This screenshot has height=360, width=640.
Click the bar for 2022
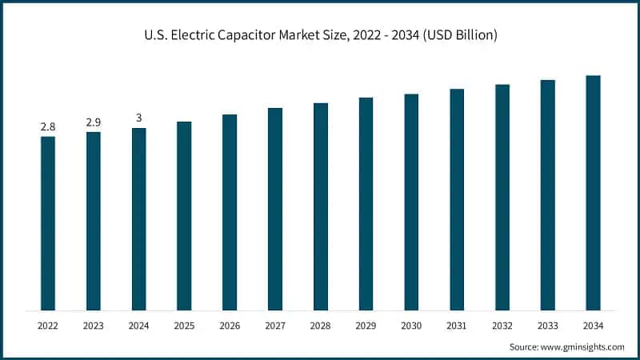(x=48, y=223)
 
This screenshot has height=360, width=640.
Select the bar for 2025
(x=184, y=216)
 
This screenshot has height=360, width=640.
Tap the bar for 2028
(x=321, y=206)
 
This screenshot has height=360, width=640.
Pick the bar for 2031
(x=457, y=199)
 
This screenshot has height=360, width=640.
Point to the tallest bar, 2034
(x=593, y=193)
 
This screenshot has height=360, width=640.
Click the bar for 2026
(x=230, y=212)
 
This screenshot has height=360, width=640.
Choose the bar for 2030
(x=411, y=202)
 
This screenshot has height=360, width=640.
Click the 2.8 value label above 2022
(x=48, y=127)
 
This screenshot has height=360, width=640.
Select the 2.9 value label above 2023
(x=94, y=122)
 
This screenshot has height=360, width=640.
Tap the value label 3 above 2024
(x=139, y=118)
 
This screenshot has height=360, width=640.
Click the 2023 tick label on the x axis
(x=94, y=326)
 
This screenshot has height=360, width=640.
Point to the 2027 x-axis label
(x=275, y=326)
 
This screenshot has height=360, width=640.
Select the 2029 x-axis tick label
(x=366, y=326)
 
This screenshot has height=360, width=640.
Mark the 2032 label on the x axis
(x=502, y=326)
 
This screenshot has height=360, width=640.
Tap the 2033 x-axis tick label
(x=547, y=326)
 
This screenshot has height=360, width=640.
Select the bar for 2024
(x=139, y=219)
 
